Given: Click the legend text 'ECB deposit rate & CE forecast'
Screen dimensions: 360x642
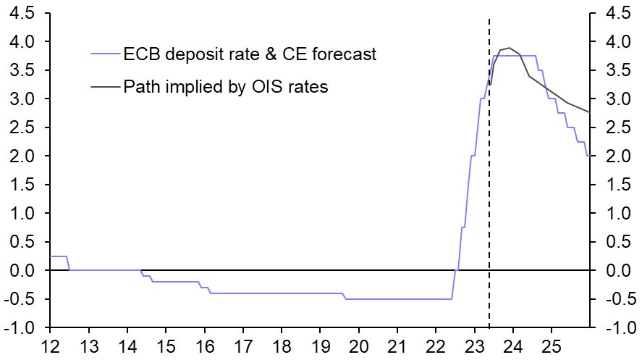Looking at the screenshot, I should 250,54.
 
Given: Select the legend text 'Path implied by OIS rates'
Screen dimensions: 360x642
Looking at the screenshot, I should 226,87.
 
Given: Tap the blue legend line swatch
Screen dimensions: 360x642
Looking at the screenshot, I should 105,54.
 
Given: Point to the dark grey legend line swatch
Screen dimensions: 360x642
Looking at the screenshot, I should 105,87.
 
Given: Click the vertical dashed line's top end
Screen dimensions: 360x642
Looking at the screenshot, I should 489,20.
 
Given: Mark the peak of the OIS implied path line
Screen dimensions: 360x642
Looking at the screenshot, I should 509,48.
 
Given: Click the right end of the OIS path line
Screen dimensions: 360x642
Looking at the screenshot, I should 590,112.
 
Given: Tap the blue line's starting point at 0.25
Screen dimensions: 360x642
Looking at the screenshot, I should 50,256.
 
